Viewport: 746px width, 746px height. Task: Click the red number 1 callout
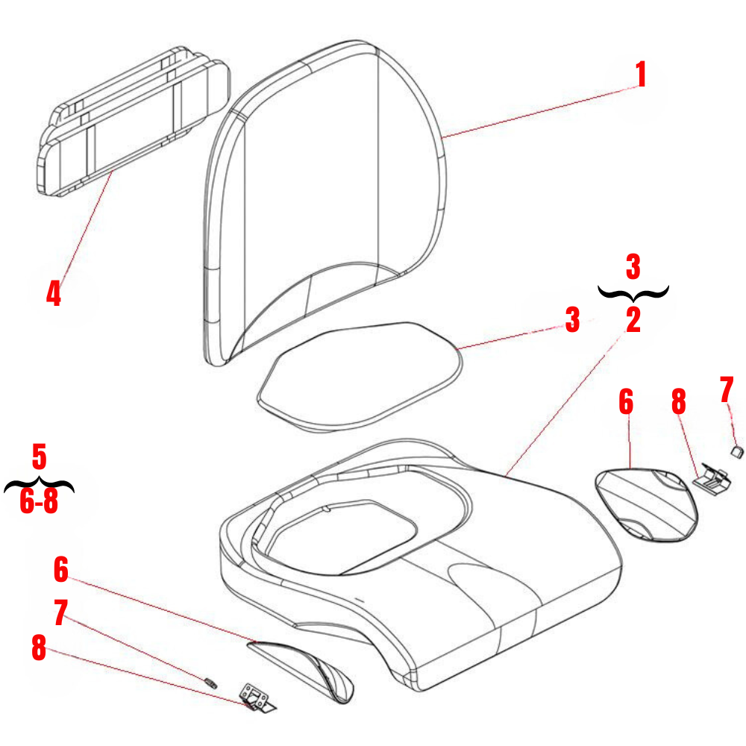pyautogui.click(x=640, y=75)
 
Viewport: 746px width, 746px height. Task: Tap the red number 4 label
pyautogui.click(x=53, y=292)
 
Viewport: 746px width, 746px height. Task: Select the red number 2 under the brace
pyautogui.click(x=633, y=320)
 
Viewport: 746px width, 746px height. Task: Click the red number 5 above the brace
pyautogui.click(x=40, y=455)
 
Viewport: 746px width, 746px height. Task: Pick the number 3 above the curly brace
pyautogui.click(x=633, y=265)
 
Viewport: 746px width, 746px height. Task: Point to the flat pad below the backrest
pyautogui.click(x=358, y=373)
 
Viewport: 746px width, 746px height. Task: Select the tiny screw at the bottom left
pyautogui.click(x=210, y=680)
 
